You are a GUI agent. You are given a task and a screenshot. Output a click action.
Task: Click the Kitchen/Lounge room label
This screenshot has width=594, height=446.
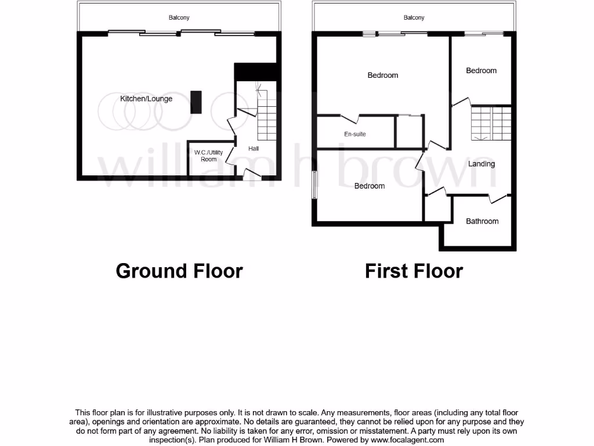[x=146, y=99]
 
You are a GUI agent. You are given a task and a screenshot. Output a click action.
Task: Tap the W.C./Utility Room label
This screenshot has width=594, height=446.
[x=208, y=156]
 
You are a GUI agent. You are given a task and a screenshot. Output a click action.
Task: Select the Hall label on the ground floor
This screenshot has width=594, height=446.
[x=253, y=149]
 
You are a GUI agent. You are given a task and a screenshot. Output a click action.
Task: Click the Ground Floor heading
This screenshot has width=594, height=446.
[x=179, y=271]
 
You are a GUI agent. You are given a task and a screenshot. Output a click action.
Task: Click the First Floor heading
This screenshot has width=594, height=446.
[x=414, y=271]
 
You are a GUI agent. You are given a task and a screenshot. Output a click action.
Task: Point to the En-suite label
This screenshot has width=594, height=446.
[x=355, y=134]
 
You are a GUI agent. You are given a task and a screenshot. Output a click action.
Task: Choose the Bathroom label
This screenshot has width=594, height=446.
[x=482, y=221]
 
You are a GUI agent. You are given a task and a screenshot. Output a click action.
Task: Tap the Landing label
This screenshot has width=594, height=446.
[x=481, y=164]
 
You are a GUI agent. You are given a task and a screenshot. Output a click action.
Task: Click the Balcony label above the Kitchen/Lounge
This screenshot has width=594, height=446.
[x=179, y=18]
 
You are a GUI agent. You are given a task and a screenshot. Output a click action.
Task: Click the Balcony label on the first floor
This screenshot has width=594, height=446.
[x=414, y=18]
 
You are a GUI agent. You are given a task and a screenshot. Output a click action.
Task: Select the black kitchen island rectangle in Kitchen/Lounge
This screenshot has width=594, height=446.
[x=196, y=102]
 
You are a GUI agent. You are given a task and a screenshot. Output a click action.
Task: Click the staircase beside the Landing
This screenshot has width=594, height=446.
[x=491, y=124]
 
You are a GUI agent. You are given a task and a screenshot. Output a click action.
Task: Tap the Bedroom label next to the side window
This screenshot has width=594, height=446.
[x=370, y=186]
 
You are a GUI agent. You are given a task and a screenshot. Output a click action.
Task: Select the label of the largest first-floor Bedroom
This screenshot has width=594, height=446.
[x=383, y=75]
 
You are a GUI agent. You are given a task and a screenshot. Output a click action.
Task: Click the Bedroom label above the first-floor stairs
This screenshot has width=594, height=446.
[x=481, y=71]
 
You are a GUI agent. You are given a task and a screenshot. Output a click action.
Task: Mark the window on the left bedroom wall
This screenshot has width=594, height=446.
[x=315, y=185]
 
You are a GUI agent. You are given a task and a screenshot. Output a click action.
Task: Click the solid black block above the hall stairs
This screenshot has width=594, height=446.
[x=257, y=72]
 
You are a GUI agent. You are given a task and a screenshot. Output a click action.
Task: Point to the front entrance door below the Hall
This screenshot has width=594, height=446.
[x=252, y=174]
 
